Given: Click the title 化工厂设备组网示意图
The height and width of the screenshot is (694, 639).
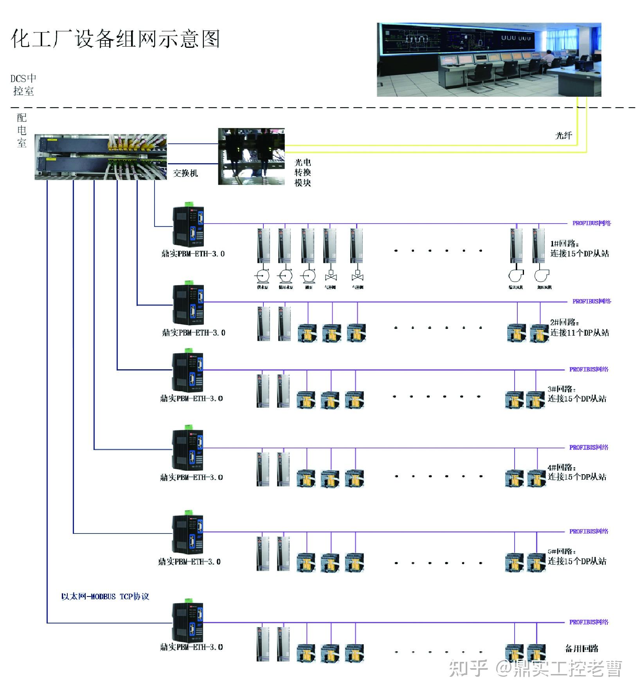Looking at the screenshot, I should pos(115,39).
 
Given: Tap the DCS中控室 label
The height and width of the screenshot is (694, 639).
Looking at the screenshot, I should pos(23,85).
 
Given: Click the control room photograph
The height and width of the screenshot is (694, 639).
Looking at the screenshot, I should pos(488,60).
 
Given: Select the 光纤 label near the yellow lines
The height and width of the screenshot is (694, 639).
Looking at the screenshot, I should pos(563,136).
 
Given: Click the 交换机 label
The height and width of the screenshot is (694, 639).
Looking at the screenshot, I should pos(185,173).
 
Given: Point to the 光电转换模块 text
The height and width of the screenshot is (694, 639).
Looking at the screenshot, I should pos(302,172).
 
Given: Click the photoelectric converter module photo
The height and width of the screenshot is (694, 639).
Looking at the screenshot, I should pos(251,156).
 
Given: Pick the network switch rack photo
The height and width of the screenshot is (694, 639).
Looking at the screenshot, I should pos(101,157).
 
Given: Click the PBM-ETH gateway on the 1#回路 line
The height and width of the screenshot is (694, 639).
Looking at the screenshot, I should pos(188,226).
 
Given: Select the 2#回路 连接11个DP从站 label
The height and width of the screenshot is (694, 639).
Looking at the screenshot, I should pos(579,327).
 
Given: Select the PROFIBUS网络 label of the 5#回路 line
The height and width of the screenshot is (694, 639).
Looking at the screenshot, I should pos(589,531).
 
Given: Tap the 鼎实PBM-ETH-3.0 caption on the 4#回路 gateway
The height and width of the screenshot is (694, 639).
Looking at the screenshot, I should pos(191,477).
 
